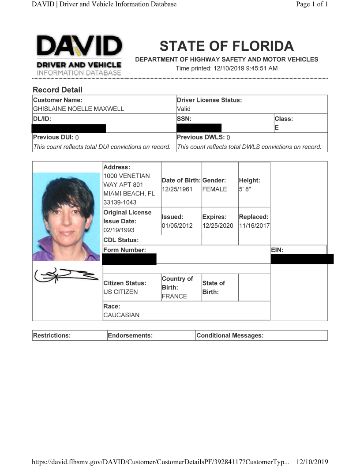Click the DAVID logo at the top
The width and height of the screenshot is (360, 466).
tap(79, 56)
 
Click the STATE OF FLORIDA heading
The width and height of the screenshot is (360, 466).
tap(226, 46)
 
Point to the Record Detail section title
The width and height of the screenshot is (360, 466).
tap(57, 90)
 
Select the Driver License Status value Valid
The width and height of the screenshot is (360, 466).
tap(184, 109)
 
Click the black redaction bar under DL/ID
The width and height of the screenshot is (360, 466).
tap(69, 128)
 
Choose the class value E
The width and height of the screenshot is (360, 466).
tap(277, 128)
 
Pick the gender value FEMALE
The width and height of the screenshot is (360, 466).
tap(214, 189)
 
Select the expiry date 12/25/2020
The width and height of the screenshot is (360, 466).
tap(218, 226)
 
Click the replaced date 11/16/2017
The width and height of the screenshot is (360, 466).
tap(254, 226)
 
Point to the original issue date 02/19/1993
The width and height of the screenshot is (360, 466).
tap(119, 230)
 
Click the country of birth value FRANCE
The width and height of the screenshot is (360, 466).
tap(174, 297)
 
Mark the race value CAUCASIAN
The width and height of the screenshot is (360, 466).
tap(121, 316)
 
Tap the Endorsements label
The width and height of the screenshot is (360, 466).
tap(130, 336)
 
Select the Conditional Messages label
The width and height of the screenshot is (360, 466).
tap(230, 336)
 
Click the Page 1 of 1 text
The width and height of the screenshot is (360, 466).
tap(312, 4)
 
